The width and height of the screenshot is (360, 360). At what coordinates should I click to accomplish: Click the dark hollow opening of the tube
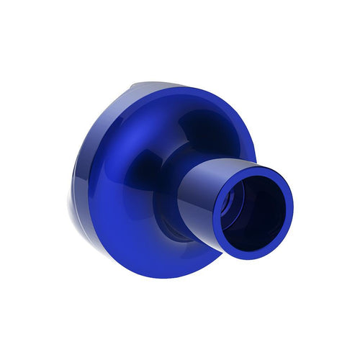[x=253, y=211]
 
